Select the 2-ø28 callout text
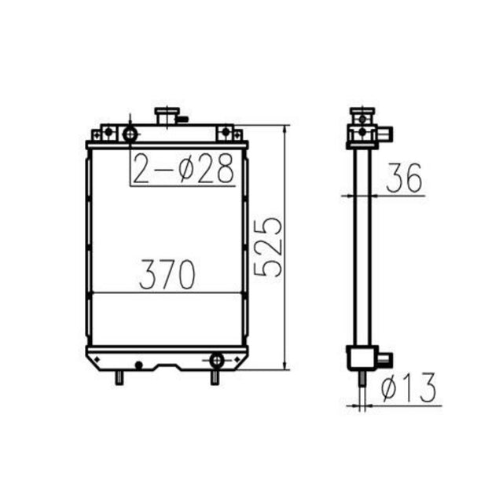click(183, 168)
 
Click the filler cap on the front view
click(167, 116)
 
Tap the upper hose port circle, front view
click(129, 133)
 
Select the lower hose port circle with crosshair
click(216, 361)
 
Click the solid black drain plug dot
click(139, 365)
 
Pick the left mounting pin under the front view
click(119, 377)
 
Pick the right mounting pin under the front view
click(214, 377)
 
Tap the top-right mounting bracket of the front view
click(227, 131)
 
